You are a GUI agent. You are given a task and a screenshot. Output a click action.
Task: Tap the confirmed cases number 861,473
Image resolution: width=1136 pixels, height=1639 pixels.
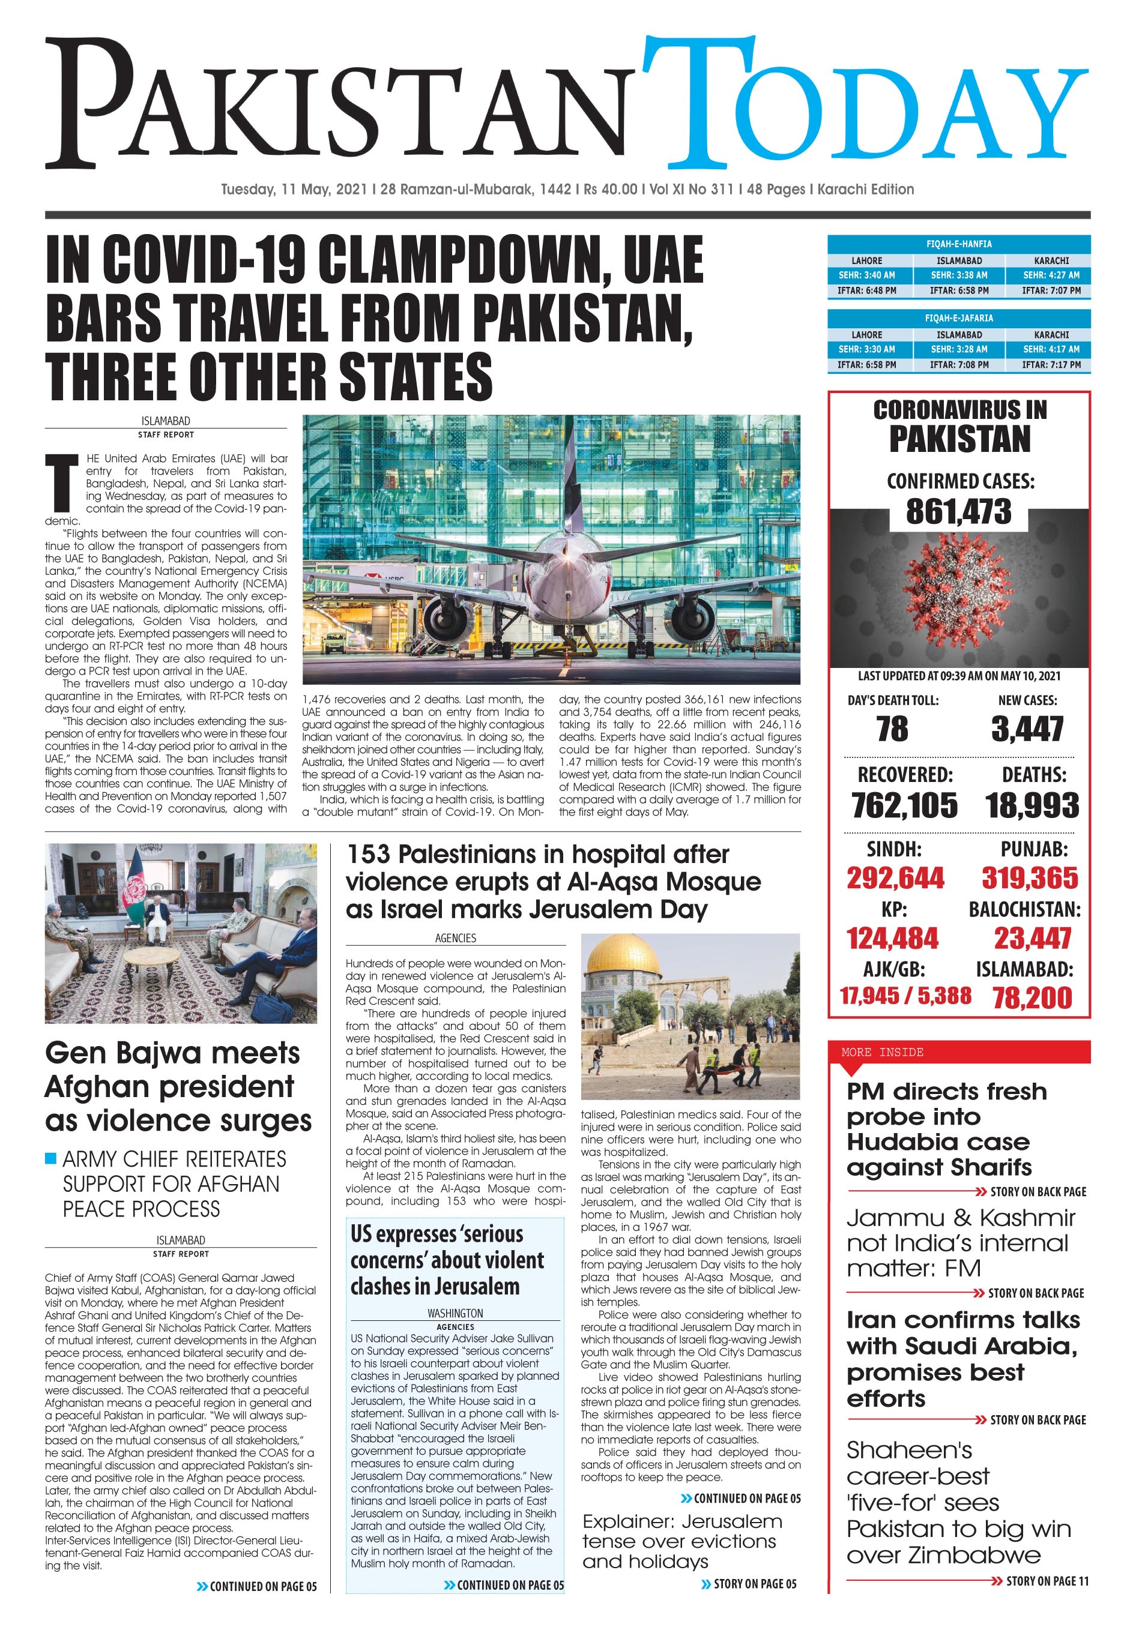pos(958,511)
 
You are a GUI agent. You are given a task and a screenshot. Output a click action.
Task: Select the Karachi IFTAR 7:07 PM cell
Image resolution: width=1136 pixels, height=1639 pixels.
pos(1051,290)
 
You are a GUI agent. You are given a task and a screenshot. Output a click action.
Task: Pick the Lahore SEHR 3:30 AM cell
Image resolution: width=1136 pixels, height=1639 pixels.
pos(866,349)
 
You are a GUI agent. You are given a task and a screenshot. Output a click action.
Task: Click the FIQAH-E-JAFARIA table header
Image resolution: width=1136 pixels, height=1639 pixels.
pos(958,318)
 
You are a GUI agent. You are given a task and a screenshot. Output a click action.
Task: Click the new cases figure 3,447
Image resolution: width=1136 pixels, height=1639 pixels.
pos(1027,729)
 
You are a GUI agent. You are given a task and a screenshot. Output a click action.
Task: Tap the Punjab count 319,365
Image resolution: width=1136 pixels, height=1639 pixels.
pos(1029,878)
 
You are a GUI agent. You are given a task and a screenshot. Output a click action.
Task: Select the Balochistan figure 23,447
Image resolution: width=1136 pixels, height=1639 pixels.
pos(1032,938)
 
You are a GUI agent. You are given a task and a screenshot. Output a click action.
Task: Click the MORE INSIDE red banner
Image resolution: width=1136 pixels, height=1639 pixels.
pos(958,1052)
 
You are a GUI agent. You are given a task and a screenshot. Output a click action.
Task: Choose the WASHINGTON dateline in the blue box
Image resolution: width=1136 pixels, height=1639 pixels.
pos(455,1313)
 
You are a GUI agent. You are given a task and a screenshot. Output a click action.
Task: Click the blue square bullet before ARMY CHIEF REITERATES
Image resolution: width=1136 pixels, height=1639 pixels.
pos(50,1158)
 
